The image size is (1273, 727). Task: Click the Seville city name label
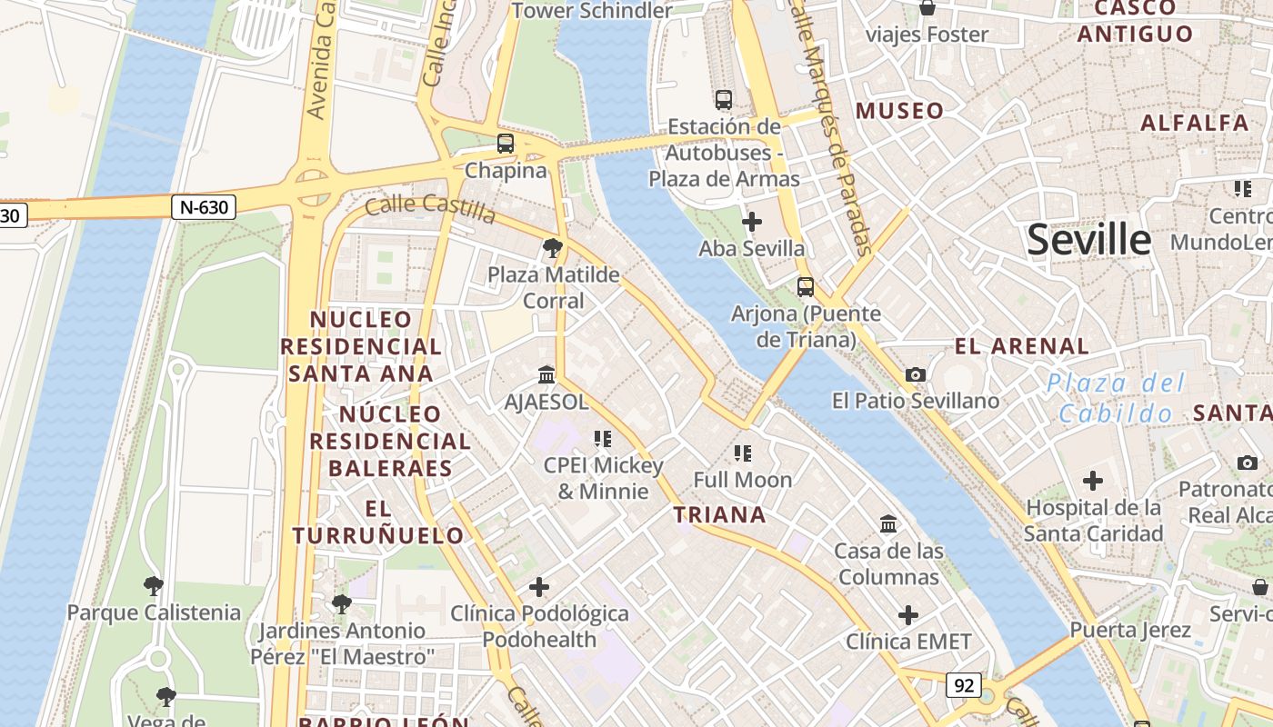1088,240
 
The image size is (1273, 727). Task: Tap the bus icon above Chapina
506,144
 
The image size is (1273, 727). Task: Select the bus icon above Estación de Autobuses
724,100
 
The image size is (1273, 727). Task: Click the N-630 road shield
204,207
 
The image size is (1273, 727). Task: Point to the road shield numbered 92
963,684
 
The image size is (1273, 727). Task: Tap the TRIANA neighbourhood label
719,515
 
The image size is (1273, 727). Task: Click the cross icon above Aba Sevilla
752,222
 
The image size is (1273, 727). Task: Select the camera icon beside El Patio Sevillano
916,374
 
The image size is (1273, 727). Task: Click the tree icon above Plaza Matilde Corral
552,248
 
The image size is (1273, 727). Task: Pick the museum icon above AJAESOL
546,374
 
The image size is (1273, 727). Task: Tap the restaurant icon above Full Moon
743,453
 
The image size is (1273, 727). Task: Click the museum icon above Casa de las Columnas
888,524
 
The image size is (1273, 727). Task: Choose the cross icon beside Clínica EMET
908,615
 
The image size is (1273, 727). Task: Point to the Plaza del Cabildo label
1116,398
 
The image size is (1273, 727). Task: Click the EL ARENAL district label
1021,346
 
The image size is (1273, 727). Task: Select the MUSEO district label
899,111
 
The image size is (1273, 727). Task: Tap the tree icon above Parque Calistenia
153,586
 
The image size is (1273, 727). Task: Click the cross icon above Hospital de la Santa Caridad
1093,481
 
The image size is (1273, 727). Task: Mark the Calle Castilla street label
430,208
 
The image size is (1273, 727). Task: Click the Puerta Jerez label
1129,630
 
